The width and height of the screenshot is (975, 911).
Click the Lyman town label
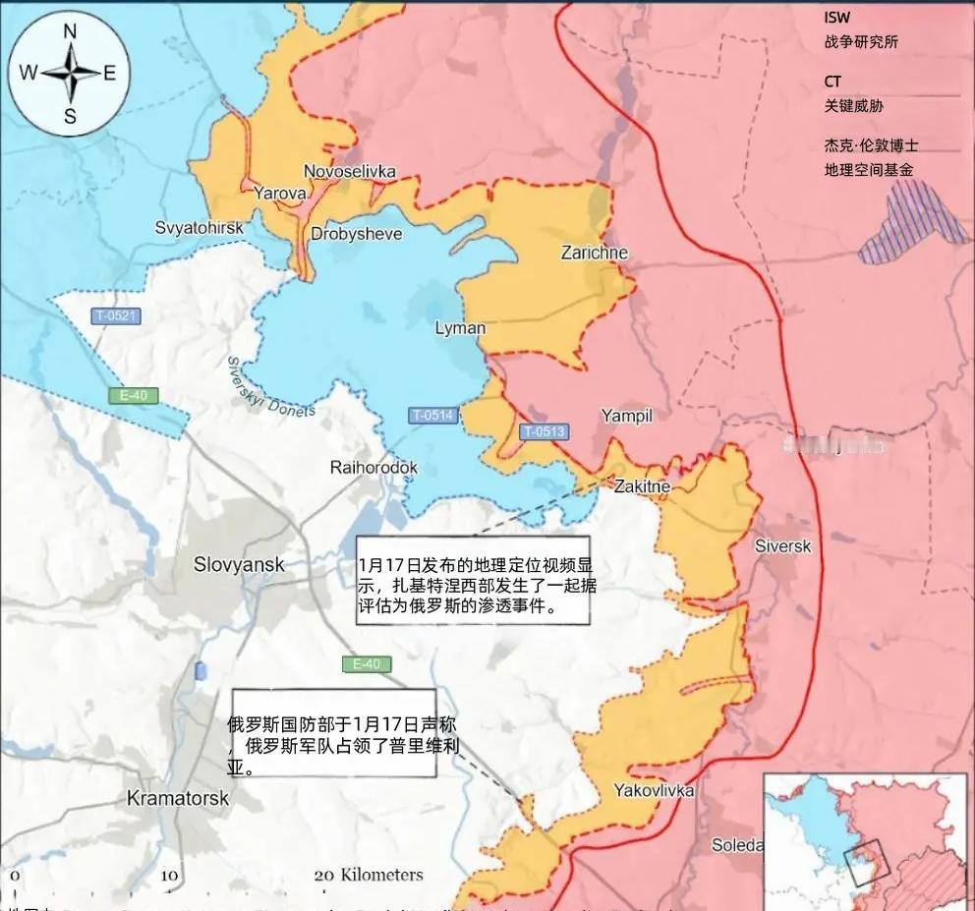[x=460, y=328]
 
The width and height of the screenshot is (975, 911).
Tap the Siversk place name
[x=782, y=545]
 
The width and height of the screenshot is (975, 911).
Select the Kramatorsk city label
[x=178, y=798]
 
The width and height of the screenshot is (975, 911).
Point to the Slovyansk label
[x=239, y=565]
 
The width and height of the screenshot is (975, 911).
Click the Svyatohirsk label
[x=198, y=227]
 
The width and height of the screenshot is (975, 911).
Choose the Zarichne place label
[x=594, y=253]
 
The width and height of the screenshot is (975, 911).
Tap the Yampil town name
[x=626, y=416]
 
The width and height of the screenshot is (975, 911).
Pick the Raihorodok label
[x=373, y=468]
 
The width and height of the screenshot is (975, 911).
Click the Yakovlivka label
[x=654, y=790]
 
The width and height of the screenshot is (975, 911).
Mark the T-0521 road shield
[x=116, y=316]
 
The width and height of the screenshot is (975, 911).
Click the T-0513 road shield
[x=544, y=430]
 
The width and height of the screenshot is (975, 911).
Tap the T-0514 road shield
[x=433, y=416]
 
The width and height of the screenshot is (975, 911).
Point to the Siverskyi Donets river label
[x=270, y=387]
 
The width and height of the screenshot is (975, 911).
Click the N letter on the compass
[x=70, y=31]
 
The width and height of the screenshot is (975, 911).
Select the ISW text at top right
[x=836, y=18]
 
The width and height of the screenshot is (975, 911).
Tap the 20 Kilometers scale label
[x=369, y=875]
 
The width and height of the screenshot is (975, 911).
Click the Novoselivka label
[x=349, y=172]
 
